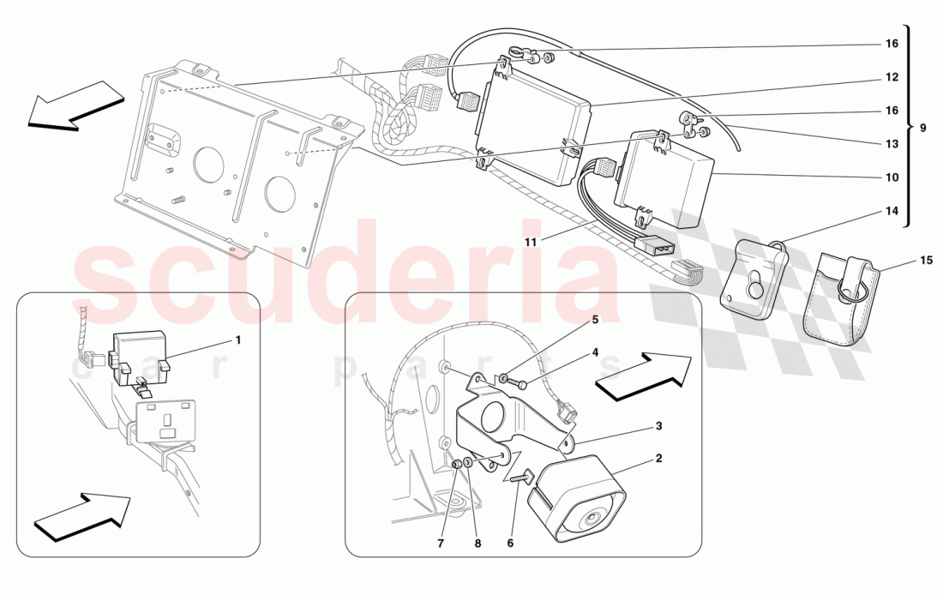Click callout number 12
tap(892, 77)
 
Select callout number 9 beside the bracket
tap(923, 128)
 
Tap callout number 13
tap(892, 144)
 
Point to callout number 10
tap(892, 178)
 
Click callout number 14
tap(892, 212)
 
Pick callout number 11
tap(532, 243)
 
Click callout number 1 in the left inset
tap(238, 340)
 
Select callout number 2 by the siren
tap(658, 459)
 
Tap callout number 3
tap(658, 425)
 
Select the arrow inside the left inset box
tap(81, 516)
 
